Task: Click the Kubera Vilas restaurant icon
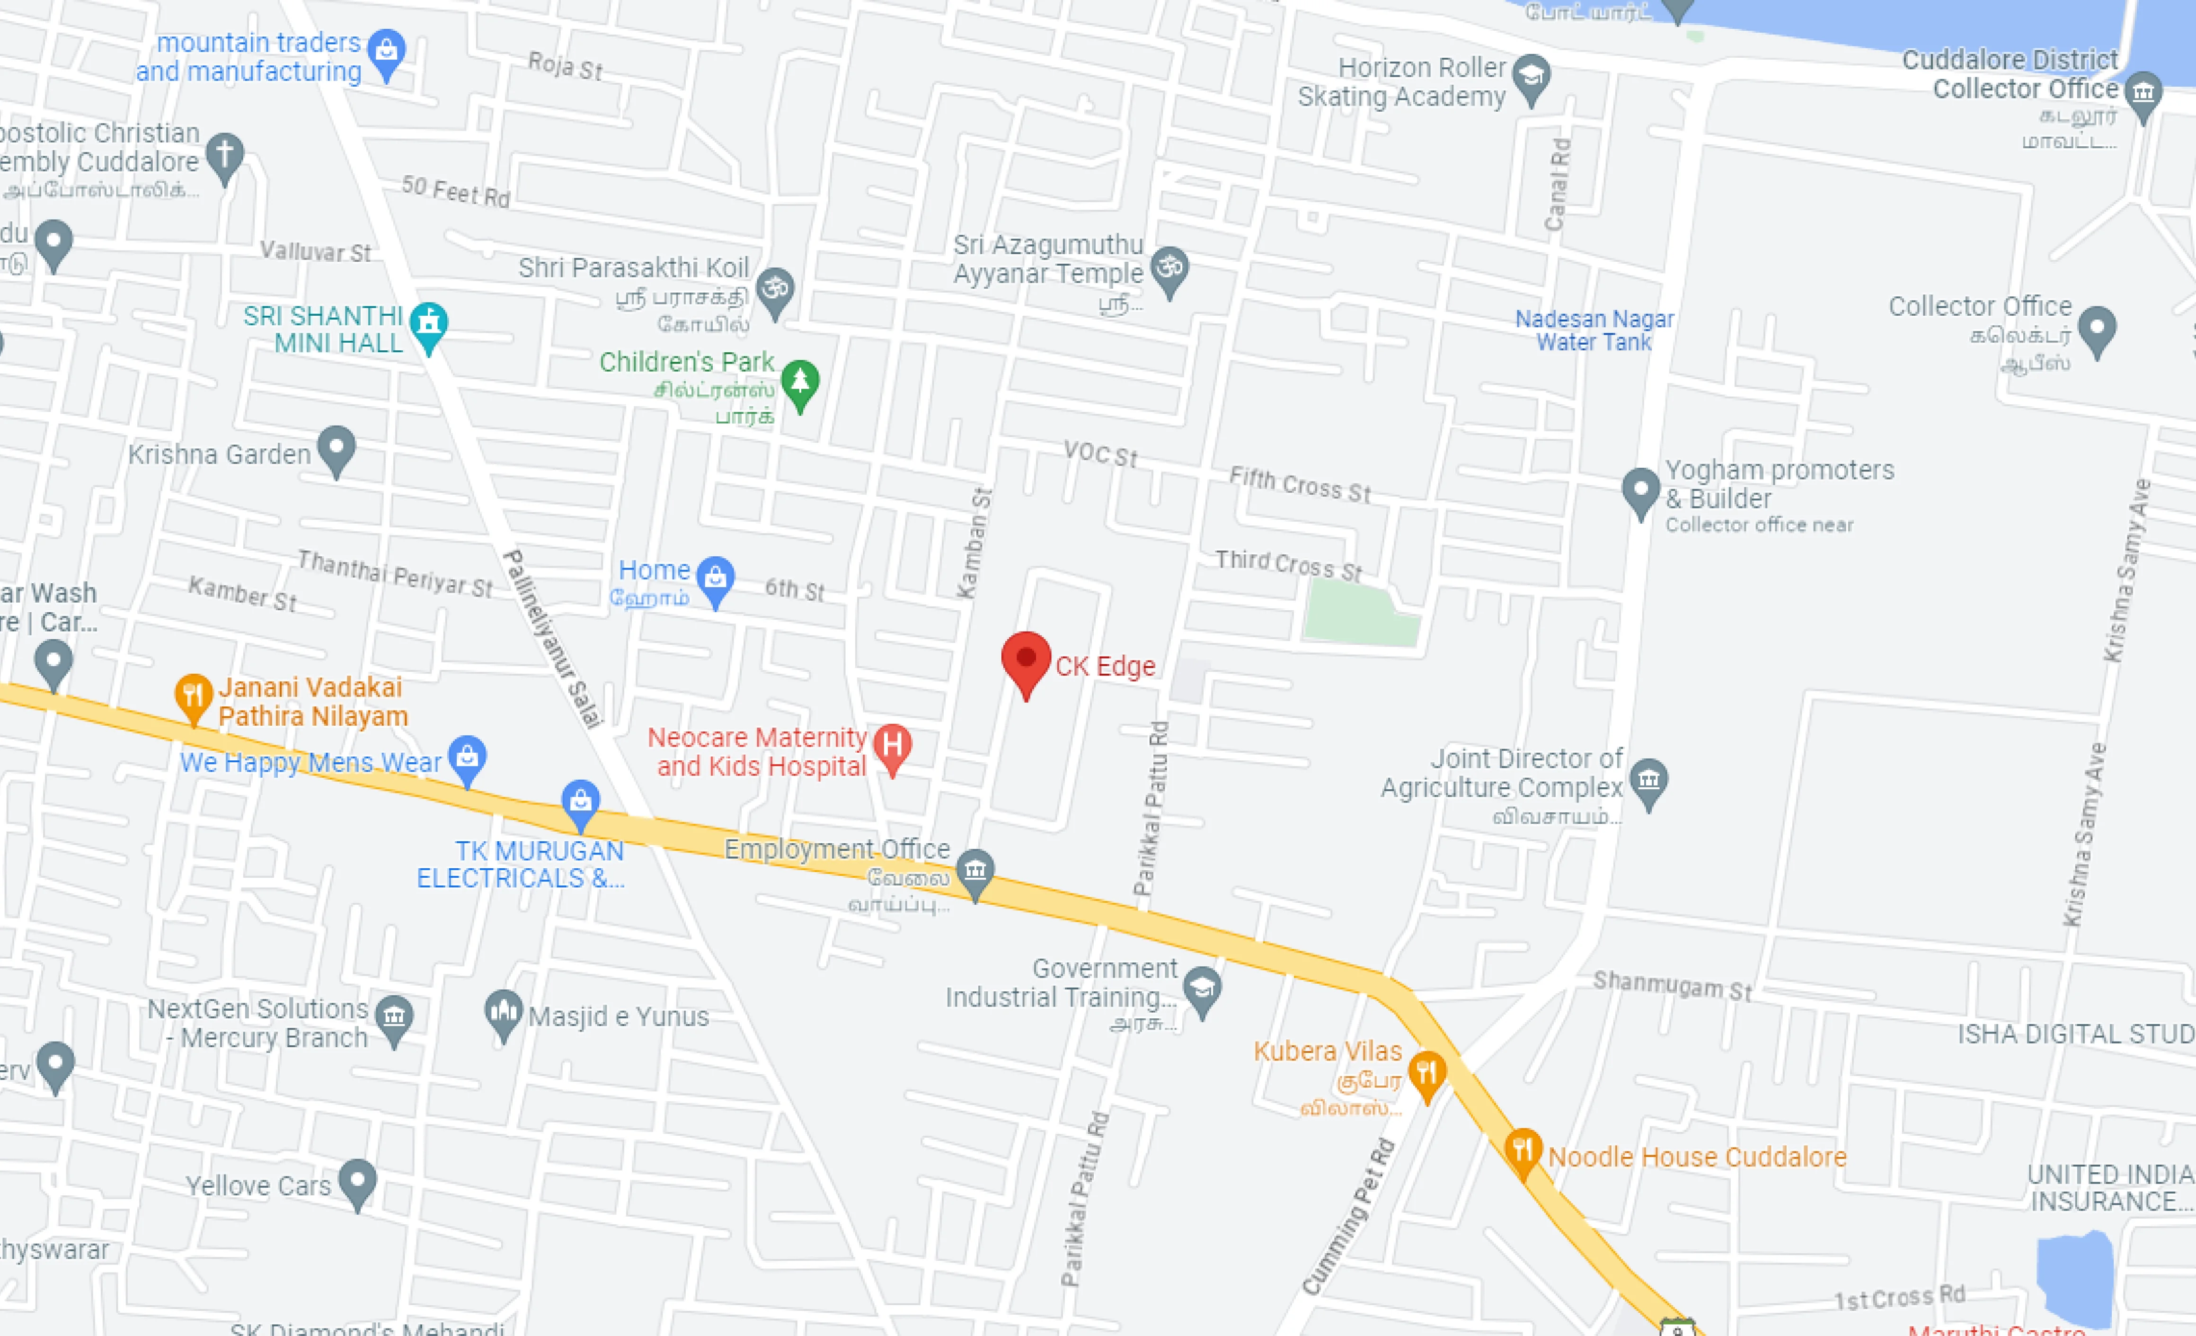point(1427,1072)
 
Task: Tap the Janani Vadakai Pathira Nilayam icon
point(194,695)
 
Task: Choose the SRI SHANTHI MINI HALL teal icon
point(429,322)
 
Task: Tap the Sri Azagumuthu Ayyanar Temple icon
point(1169,268)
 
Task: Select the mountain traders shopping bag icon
point(386,52)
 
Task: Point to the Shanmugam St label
point(1672,986)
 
